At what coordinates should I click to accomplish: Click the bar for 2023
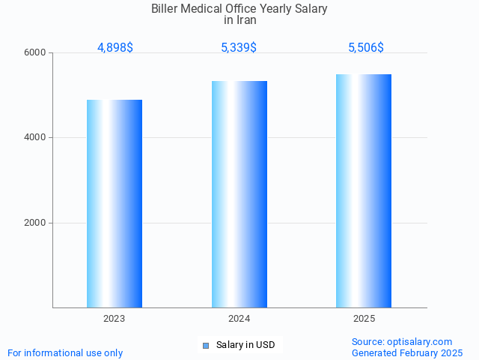(x=115, y=203)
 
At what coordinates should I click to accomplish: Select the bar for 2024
(x=239, y=194)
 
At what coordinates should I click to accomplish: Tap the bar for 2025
(x=364, y=190)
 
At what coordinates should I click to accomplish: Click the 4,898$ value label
(x=115, y=48)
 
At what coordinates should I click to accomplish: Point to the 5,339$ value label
(x=239, y=48)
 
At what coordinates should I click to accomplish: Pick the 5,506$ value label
(x=366, y=48)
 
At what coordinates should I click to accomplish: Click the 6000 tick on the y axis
(x=36, y=53)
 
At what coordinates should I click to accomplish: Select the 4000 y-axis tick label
(x=36, y=138)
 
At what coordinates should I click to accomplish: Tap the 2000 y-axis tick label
(x=36, y=223)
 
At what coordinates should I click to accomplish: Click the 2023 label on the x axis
(x=115, y=319)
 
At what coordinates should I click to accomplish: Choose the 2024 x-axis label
(x=239, y=319)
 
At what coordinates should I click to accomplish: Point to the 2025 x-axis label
(x=364, y=319)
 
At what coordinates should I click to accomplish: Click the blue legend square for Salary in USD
(x=206, y=345)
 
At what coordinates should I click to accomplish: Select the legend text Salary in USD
(x=245, y=345)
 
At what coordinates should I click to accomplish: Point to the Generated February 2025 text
(x=407, y=352)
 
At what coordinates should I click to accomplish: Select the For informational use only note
(x=65, y=352)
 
